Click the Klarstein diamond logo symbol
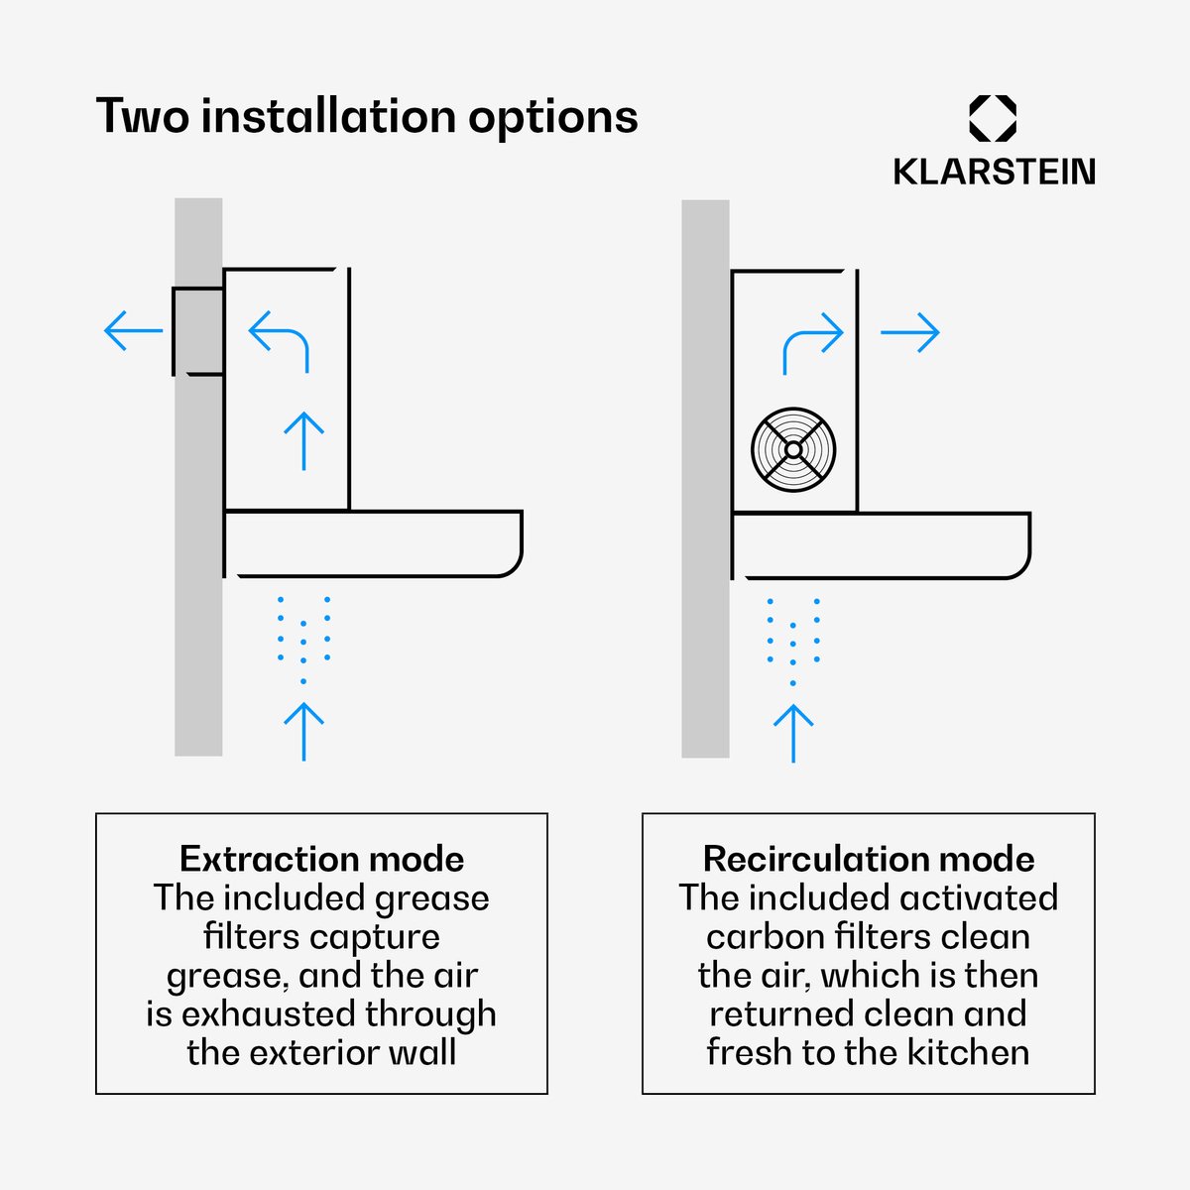(993, 118)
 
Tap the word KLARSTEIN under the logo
(995, 172)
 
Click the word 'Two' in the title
(143, 115)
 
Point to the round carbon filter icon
(793, 449)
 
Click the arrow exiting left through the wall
(134, 331)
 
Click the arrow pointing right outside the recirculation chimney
(910, 332)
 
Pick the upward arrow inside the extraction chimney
(303, 441)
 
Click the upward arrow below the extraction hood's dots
(303, 731)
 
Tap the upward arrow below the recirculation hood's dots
(793, 734)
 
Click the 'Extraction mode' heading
(321, 859)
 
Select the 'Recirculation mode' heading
(869, 859)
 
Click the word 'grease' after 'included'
(431, 899)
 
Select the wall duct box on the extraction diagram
(198, 331)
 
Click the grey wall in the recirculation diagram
(705, 479)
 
